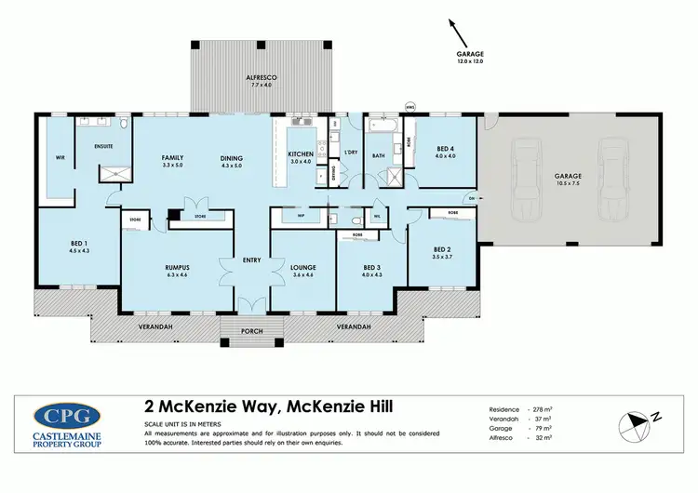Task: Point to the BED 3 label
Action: point(370,265)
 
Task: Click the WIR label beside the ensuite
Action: point(60,157)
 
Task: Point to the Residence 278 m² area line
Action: point(520,409)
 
